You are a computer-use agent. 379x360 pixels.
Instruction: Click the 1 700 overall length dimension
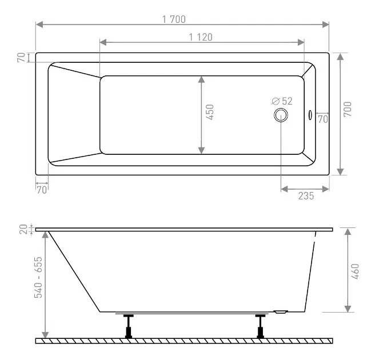(x=174, y=19)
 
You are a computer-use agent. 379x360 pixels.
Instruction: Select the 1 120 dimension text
(x=201, y=37)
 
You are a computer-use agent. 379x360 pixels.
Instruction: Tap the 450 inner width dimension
(x=210, y=112)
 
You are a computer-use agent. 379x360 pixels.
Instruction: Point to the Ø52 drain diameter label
(x=282, y=101)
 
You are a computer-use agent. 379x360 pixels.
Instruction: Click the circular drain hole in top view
(x=281, y=115)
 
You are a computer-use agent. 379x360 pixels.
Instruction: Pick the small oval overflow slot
(x=310, y=115)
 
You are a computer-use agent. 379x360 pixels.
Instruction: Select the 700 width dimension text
(x=348, y=109)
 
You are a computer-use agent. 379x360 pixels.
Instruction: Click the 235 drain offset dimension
(x=306, y=195)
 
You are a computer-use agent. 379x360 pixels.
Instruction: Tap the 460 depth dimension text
(x=355, y=271)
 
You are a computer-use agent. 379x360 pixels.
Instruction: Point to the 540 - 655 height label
(x=38, y=277)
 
